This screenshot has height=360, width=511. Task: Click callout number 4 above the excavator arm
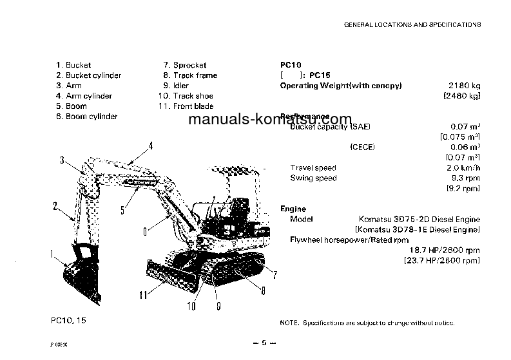point(150,146)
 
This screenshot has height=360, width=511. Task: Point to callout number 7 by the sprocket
point(275,275)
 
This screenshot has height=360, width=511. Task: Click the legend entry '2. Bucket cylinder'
point(88,75)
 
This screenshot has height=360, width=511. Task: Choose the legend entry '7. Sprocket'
point(185,65)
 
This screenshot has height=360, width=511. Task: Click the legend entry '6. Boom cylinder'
point(86,117)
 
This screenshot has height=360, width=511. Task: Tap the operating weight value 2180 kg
point(465,86)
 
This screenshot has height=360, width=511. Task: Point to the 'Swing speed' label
point(313,178)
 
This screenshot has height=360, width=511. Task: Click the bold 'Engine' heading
point(293,209)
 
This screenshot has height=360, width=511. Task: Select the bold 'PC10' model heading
point(291,65)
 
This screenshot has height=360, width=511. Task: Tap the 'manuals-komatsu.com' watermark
point(271,120)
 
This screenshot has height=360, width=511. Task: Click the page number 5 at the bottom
point(264,343)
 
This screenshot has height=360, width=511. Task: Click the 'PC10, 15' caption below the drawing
point(66,320)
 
